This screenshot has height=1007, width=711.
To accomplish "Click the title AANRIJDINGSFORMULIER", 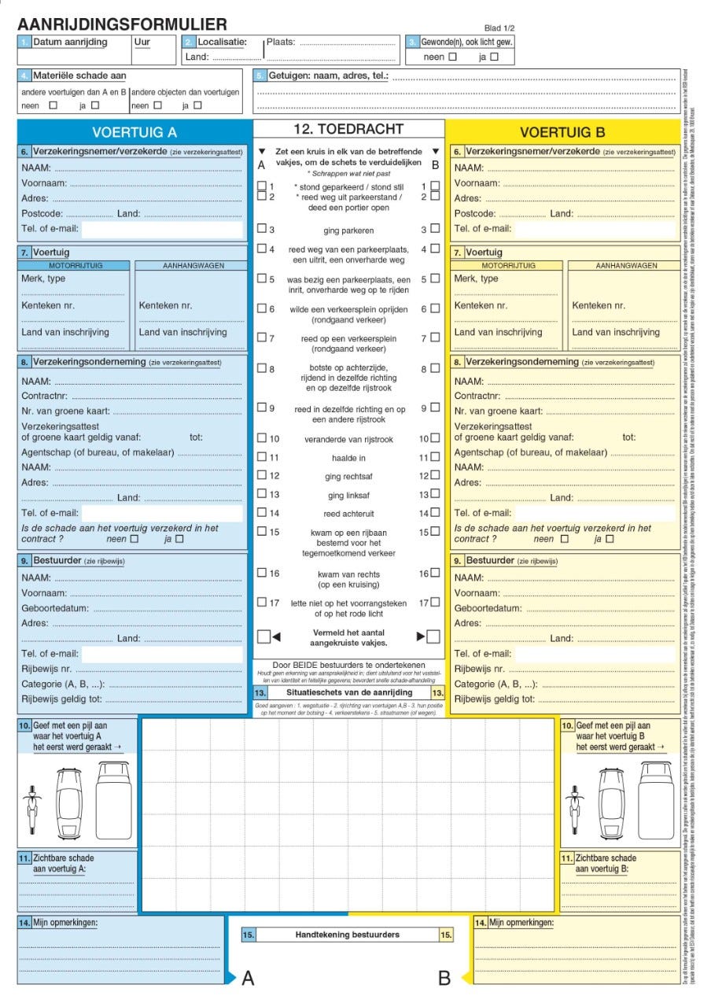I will point(122,24).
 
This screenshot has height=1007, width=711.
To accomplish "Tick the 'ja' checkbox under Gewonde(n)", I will point(494,57).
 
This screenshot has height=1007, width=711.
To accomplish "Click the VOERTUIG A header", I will point(134,132).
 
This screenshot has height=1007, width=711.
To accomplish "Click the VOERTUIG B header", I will point(562,132).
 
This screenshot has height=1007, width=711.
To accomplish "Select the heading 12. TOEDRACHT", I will point(348,129).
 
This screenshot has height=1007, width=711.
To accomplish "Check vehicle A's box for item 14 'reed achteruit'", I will point(262,513).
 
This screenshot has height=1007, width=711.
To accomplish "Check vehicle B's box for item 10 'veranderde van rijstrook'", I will point(435,438).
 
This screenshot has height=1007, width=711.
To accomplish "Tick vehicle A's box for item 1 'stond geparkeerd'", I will point(262,186).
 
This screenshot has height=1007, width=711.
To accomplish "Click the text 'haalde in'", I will point(348,458).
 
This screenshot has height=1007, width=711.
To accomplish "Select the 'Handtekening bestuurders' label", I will point(348,935).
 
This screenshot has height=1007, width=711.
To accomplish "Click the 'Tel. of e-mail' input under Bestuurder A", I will point(162,654).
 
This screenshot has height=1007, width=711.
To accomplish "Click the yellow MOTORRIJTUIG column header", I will point(507,266).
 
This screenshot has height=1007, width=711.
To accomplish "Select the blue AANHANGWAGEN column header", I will point(193,266).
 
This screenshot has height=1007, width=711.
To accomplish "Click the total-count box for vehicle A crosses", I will point(263,636).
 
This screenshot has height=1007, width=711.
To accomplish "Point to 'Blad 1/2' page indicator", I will point(499,28).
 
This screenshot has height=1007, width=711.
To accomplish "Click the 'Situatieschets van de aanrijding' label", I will point(348,692).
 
